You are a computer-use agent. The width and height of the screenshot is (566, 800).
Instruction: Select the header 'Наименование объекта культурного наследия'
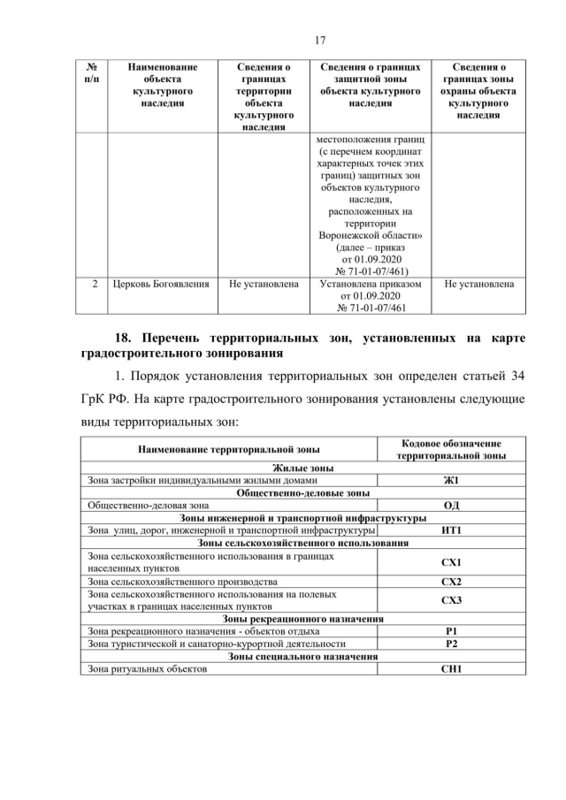(x=163, y=85)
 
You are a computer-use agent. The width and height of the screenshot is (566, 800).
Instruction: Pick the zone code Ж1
(x=451, y=480)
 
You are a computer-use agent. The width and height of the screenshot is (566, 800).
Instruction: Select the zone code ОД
(x=451, y=505)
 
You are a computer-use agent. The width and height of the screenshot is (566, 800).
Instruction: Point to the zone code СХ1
(x=451, y=562)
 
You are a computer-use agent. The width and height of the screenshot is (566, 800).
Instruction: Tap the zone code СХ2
(x=451, y=582)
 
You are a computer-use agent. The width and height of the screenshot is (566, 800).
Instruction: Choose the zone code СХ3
(x=451, y=600)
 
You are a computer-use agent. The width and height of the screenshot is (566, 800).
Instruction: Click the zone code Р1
(x=451, y=631)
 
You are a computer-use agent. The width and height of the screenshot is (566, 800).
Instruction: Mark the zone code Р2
(x=451, y=644)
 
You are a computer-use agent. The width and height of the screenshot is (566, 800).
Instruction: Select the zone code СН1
(x=451, y=669)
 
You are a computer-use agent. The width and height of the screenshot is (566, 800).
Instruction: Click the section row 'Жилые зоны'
(x=302, y=468)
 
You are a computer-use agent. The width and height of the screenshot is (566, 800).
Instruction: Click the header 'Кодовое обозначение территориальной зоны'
(x=451, y=449)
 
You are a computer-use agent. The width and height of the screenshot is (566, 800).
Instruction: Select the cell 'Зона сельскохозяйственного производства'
(x=182, y=582)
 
